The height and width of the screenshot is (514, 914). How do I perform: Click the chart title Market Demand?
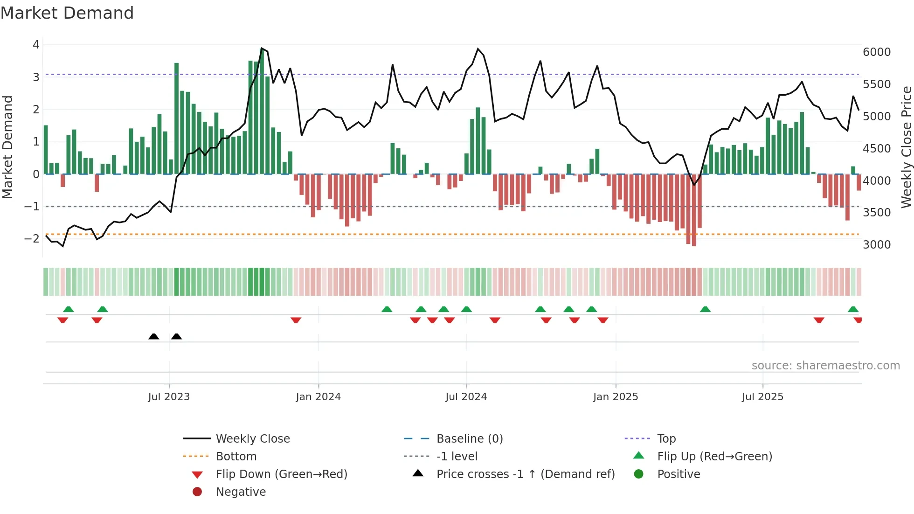pyautogui.click(x=67, y=13)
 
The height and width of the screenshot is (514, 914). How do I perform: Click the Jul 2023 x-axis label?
pyautogui.click(x=169, y=397)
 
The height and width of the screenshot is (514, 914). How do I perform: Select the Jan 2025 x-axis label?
pyautogui.click(x=616, y=397)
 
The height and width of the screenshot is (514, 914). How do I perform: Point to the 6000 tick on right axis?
pyautogui.click(x=877, y=52)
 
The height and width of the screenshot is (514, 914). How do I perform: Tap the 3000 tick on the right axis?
pyautogui.click(x=877, y=245)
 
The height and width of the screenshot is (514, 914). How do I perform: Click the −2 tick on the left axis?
pyautogui.click(x=32, y=239)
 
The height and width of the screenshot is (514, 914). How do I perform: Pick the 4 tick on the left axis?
pyautogui.click(x=36, y=45)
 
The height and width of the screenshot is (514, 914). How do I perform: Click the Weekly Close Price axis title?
pyautogui.click(x=906, y=147)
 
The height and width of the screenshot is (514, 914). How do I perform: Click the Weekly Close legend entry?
pyautogui.click(x=253, y=439)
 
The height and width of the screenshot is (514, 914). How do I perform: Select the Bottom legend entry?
pyautogui.click(x=236, y=457)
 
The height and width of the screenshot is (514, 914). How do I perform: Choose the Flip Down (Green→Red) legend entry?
pyautogui.click(x=281, y=474)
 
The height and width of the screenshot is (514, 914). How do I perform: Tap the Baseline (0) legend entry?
pyautogui.click(x=470, y=439)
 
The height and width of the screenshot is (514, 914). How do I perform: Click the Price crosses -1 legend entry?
pyautogui.click(x=526, y=474)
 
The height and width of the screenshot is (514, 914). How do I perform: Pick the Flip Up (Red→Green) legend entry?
pyautogui.click(x=714, y=457)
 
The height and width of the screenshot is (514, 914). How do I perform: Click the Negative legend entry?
pyautogui.click(x=241, y=492)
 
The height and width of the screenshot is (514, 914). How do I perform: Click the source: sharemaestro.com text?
pyautogui.click(x=825, y=366)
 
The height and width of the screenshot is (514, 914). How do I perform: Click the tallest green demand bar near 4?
pyautogui.click(x=262, y=112)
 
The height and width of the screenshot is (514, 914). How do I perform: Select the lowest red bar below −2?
pyautogui.click(x=694, y=210)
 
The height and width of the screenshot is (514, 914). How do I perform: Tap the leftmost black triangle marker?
pyautogui.click(x=153, y=336)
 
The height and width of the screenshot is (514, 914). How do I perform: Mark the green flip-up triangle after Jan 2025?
pyautogui.click(x=705, y=309)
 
